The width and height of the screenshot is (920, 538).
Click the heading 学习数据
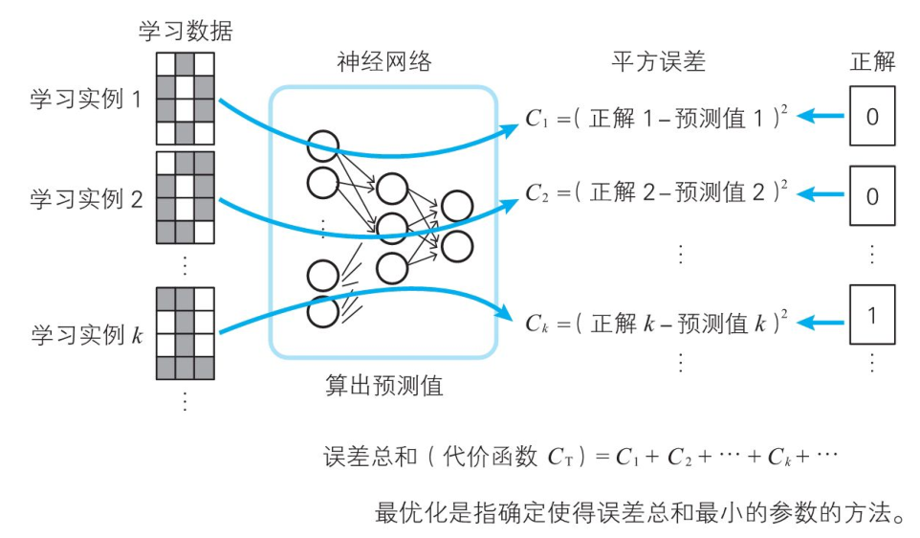(186, 32)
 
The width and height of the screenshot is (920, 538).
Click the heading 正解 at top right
(872, 63)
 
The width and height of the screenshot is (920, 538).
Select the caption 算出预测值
(383, 387)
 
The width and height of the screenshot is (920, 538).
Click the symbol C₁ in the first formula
(536, 119)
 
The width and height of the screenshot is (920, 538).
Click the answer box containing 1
(872, 314)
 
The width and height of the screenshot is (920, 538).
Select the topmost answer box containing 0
(872, 117)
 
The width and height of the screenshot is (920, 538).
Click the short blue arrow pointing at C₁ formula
(821, 117)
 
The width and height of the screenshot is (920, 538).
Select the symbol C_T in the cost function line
(566, 457)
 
